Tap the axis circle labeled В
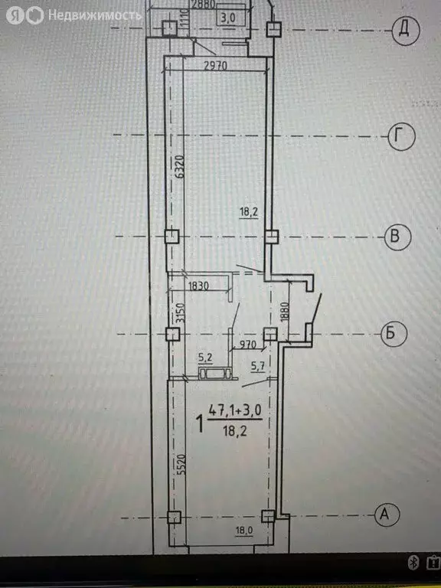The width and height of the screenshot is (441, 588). coord(395,237)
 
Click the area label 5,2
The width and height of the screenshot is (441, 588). coord(205,356)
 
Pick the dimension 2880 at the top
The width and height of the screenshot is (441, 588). coord(203,5)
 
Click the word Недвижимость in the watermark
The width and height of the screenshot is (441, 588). coord(94,15)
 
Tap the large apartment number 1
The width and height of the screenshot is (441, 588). coord(201,423)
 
